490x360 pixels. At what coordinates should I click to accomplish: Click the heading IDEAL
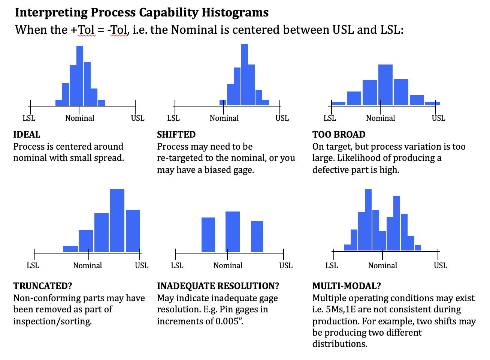27,135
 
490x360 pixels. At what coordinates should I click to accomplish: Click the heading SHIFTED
176,135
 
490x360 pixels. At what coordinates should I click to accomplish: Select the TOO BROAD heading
339,135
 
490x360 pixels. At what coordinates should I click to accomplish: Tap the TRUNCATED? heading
43,286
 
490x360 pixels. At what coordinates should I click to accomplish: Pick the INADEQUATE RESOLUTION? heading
218,286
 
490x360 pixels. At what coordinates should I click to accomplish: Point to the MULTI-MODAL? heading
347,286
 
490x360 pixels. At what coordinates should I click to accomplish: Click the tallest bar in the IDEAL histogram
79,75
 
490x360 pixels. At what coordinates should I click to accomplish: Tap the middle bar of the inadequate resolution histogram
233,232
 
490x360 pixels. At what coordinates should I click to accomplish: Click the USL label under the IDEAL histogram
137,118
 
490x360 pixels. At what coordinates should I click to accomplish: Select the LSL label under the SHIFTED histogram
173,118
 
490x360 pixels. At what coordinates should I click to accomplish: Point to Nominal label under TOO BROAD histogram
380,118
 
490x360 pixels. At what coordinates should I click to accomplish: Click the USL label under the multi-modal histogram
440,265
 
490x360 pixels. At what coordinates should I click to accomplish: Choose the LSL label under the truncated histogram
33,265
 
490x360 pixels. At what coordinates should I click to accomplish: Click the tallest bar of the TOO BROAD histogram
385,85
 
